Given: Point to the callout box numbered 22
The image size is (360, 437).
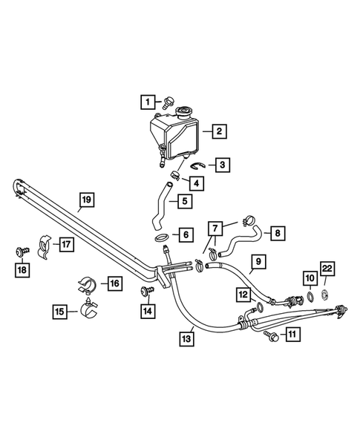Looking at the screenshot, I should point(327,269).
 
